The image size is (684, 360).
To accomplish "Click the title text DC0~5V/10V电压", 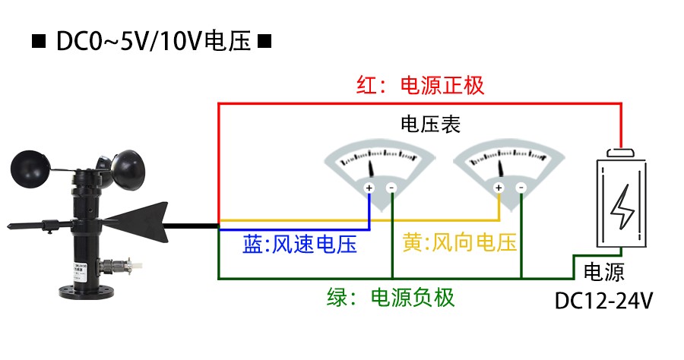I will (x=153, y=41).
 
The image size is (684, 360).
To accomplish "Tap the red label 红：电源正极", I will (x=420, y=84).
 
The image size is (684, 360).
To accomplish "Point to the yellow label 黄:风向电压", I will (x=460, y=243).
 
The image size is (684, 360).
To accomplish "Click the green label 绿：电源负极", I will (x=390, y=297).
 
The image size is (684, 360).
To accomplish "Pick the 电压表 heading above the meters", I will (x=430, y=124).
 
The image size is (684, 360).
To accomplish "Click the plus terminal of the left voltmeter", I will (x=369, y=188).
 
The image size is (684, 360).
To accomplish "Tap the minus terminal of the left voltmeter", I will (x=391, y=188).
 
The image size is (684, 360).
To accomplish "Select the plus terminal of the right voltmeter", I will (x=499, y=188).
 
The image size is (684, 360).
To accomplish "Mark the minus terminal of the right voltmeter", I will (x=521, y=188).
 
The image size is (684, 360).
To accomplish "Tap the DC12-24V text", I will (x=604, y=301).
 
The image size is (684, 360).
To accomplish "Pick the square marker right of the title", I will (x=264, y=42).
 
